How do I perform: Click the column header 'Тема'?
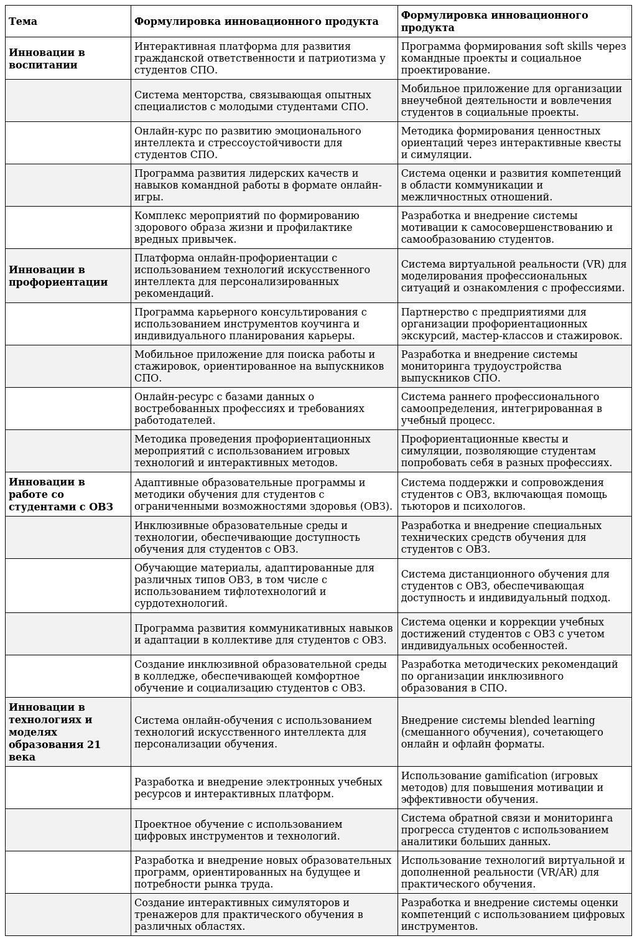pyautogui.click(x=23, y=21)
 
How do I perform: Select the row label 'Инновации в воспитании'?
pyautogui.click(x=47, y=59)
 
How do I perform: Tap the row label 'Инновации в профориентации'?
pyautogui.click(x=58, y=276)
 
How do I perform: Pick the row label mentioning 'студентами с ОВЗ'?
pyautogui.click(x=60, y=494)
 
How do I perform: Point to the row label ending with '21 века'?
pyautogui.click(x=54, y=732)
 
